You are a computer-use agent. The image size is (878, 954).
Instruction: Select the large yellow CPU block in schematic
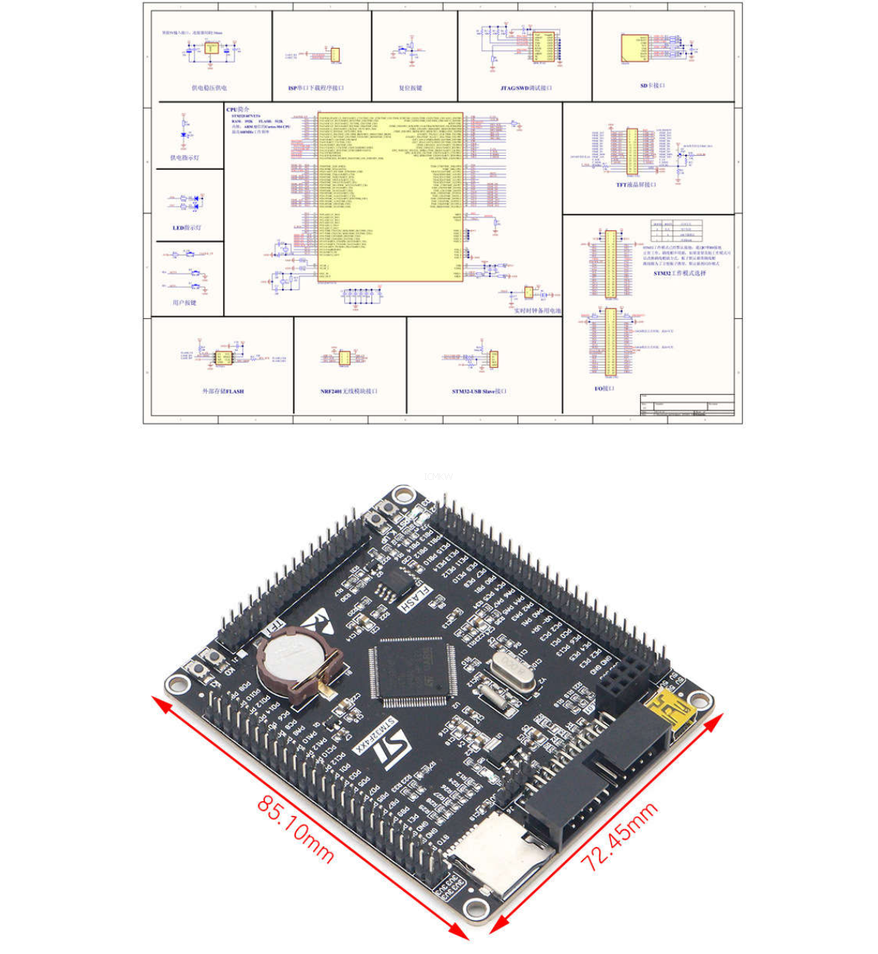[x=391, y=196]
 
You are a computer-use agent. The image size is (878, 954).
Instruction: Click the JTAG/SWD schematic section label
[x=526, y=88]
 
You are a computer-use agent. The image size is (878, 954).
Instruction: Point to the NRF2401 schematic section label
[x=349, y=391]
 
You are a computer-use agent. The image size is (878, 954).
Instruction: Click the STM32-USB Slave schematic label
[x=479, y=391]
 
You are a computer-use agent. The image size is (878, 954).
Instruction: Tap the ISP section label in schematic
[x=316, y=88]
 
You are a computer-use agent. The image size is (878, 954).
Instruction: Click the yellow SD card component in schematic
[x=634, y=49]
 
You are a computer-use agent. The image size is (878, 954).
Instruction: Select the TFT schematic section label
[x=636, y=185]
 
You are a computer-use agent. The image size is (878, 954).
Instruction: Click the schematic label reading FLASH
[x=223, y=391]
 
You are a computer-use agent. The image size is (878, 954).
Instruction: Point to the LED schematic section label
[x=187, y=227]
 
